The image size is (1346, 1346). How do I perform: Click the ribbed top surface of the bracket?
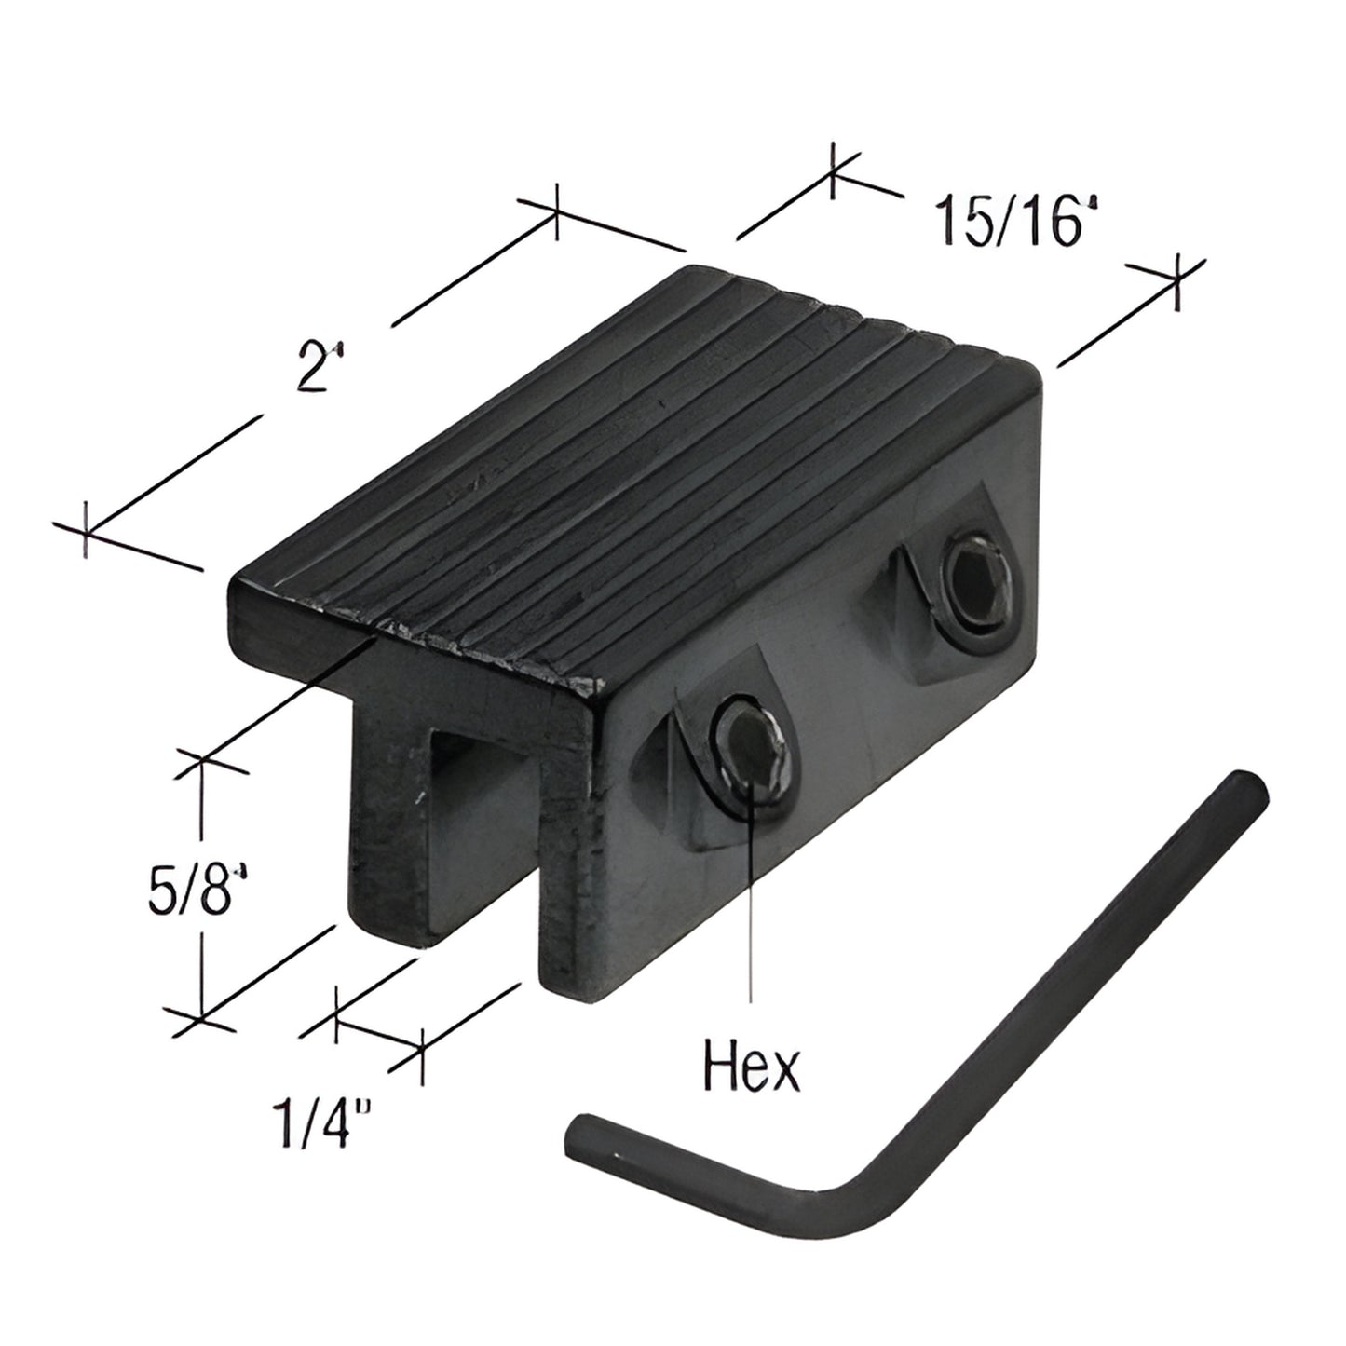[652, 466]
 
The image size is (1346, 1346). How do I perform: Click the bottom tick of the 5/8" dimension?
[200, 1017]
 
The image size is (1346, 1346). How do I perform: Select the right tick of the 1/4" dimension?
[423, 1055]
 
